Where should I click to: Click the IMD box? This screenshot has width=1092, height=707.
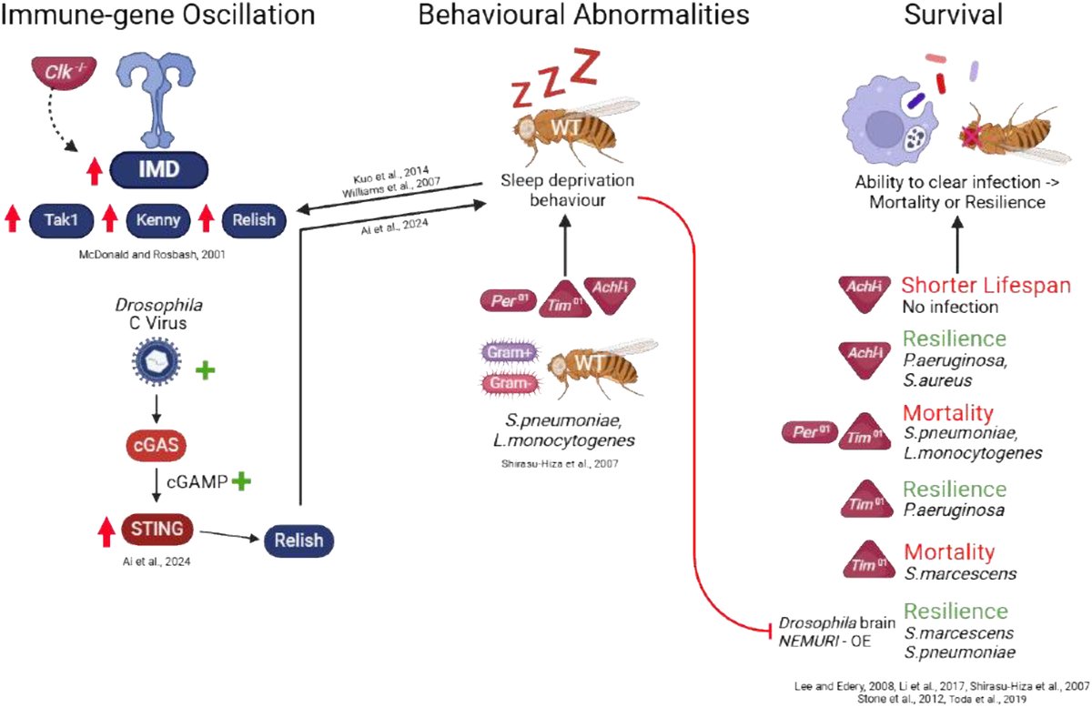tap(160, 170)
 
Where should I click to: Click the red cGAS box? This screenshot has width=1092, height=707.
tap(157, 445)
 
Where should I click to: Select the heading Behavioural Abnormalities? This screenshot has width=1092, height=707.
tap(584, 15)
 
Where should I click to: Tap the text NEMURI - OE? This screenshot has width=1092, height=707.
tap(824, 642)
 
